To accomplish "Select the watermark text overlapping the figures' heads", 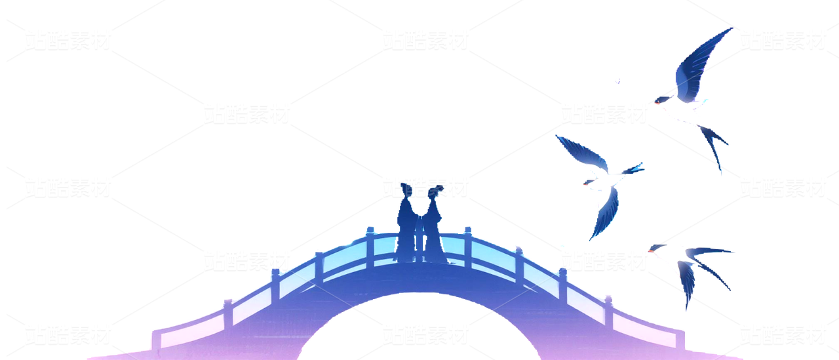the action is click(425, 187).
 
